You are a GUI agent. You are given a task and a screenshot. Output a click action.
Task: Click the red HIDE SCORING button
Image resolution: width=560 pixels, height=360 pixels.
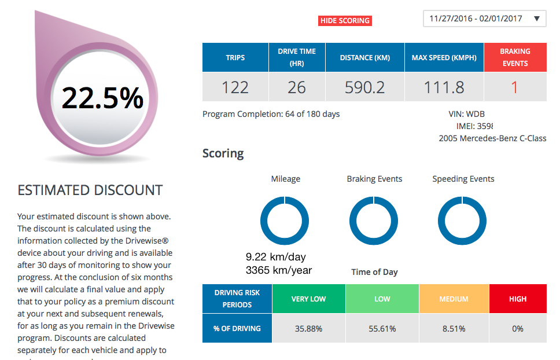click(x=345, y=21)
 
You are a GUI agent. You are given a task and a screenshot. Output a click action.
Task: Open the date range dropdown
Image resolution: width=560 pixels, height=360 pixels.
click(x=484, y=19)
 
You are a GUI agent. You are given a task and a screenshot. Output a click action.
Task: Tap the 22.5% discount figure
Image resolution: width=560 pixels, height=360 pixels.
click(x=102, y=97)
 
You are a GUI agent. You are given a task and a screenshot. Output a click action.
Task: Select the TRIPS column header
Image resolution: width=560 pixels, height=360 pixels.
click(x=235, y=57)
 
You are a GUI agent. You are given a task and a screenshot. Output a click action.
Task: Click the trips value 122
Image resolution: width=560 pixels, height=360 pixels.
click(x=235, y=87)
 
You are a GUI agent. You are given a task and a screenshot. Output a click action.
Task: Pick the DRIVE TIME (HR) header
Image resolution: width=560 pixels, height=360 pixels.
click(x=297, y=57)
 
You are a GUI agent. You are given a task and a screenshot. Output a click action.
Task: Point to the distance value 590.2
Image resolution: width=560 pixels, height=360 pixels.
click(x=364, y=87)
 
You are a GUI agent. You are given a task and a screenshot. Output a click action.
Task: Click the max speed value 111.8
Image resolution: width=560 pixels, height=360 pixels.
click(x=444, y=87)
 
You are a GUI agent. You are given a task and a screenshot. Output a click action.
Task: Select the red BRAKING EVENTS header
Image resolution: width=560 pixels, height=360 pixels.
click(x=515, y=57)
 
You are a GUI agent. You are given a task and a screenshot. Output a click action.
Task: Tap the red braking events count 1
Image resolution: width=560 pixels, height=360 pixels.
click(x=515, y=87)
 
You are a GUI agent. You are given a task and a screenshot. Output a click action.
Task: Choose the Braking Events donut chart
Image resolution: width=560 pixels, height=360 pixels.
click(x=374, y=221)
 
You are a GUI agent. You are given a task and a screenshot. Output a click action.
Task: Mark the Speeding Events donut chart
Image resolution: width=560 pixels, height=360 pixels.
click(x=462, y=221)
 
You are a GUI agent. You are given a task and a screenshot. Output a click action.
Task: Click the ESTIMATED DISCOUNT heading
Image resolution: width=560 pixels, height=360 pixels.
click(x=90, y=190)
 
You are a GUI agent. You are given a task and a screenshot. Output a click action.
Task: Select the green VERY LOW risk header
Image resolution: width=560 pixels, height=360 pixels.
click(x=308, y=299)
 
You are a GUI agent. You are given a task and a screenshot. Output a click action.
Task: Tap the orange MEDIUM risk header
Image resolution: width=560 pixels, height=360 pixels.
click(x=454, y=299)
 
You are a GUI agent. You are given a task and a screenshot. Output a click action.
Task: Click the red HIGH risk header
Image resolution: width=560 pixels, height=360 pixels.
click(x=518, y=299)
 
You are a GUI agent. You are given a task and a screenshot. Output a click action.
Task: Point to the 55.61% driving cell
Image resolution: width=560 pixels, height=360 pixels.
click(x=382, y=329)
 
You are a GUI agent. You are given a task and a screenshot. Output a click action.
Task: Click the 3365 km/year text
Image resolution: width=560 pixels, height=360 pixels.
click(x=279, y=270)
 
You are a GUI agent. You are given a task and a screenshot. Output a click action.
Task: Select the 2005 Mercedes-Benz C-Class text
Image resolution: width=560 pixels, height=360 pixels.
click(x=492, y=138)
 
